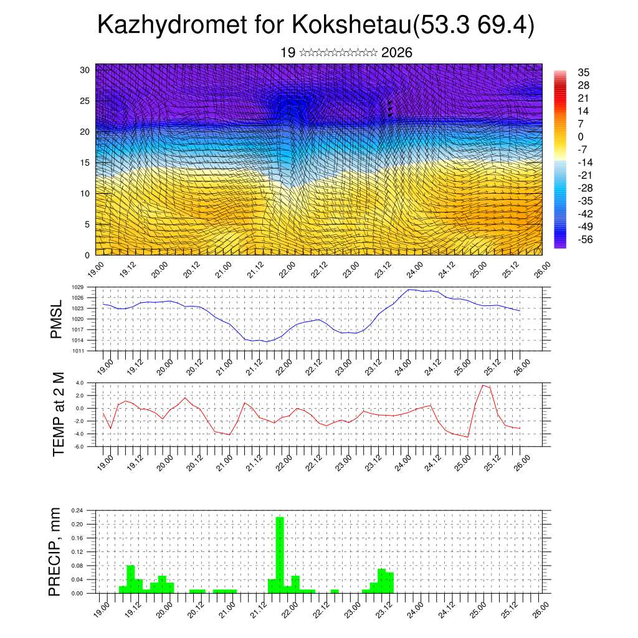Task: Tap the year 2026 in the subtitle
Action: [396, 53]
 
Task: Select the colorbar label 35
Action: [584, 72]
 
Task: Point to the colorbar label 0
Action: [581, 136]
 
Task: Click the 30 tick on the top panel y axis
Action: [85, 70]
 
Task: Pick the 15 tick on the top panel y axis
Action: [85, 163]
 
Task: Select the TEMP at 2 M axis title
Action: [59, 414]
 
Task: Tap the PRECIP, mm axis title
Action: [56, 551]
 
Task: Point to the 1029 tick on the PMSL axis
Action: [78, 287]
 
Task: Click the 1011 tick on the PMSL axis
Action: [78, 351]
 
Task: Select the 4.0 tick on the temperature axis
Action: [80, 383]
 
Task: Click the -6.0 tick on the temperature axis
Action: [79, 447]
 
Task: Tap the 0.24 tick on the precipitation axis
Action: [77, 510]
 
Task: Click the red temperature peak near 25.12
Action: [483, 385]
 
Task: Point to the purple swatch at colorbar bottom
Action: [559, 245]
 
